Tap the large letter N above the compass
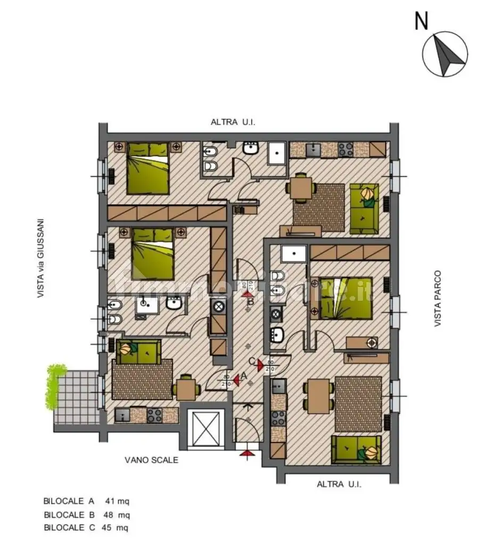point(421,21)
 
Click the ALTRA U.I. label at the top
point(233,122)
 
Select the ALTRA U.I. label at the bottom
point(339,484)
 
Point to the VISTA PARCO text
point(437,299)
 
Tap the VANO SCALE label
point(152,460)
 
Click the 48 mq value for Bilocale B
point(118,515)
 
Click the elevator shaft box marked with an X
point(205,428)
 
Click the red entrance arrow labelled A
point(236,377)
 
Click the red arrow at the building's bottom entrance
point(245,453)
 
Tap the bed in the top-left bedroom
point(148,168)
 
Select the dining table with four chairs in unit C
point(318,396)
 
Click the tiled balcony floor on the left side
point(76,397)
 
